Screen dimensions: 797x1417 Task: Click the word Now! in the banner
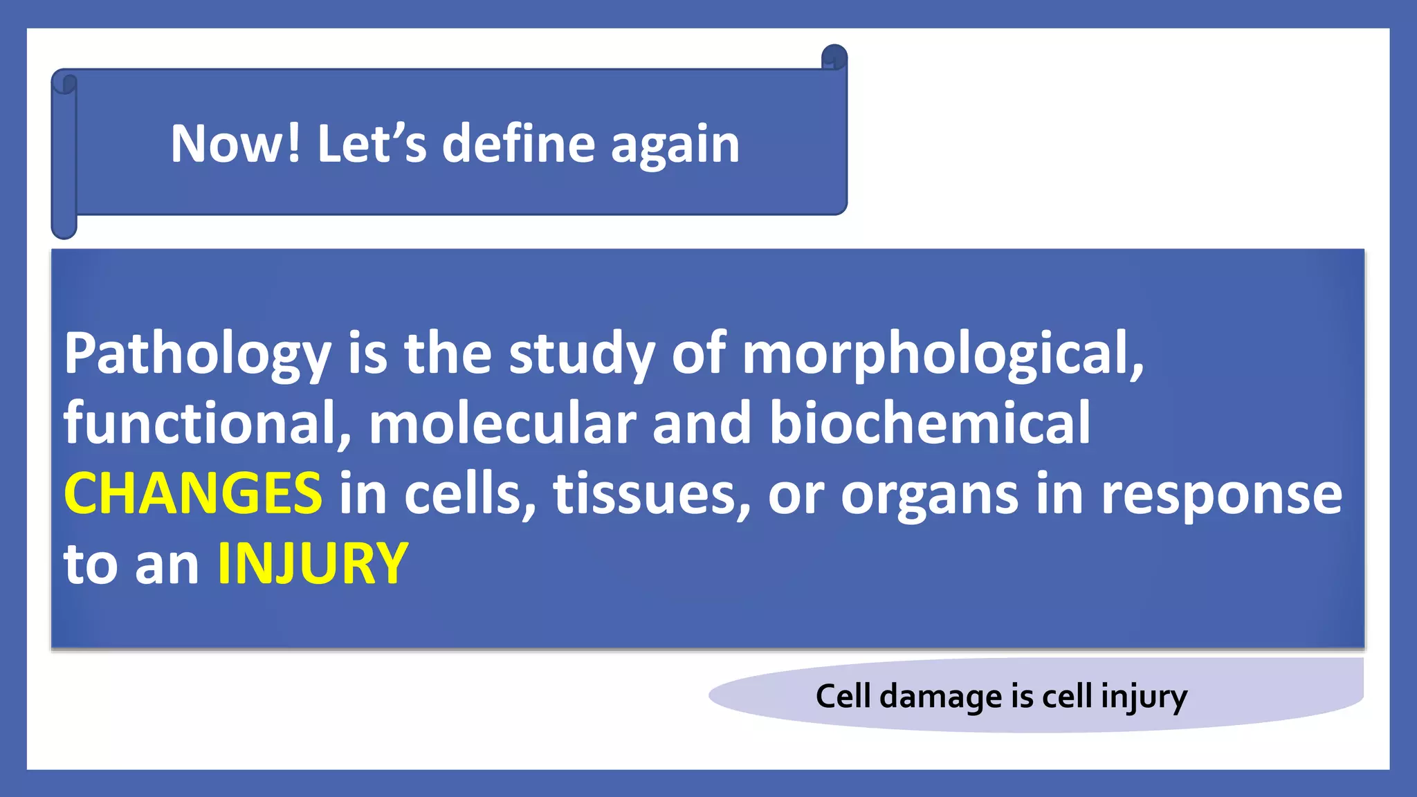point(236,144)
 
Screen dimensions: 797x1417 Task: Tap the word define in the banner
point(518,144)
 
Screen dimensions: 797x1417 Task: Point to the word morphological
point(942,354)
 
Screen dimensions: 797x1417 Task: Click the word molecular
point(502,423)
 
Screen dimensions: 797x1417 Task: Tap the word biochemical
point(929,423)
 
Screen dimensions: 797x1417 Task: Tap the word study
point(581,354)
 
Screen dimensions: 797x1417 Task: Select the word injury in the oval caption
point(1144,697)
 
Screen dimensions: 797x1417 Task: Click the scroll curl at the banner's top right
point(834,57)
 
